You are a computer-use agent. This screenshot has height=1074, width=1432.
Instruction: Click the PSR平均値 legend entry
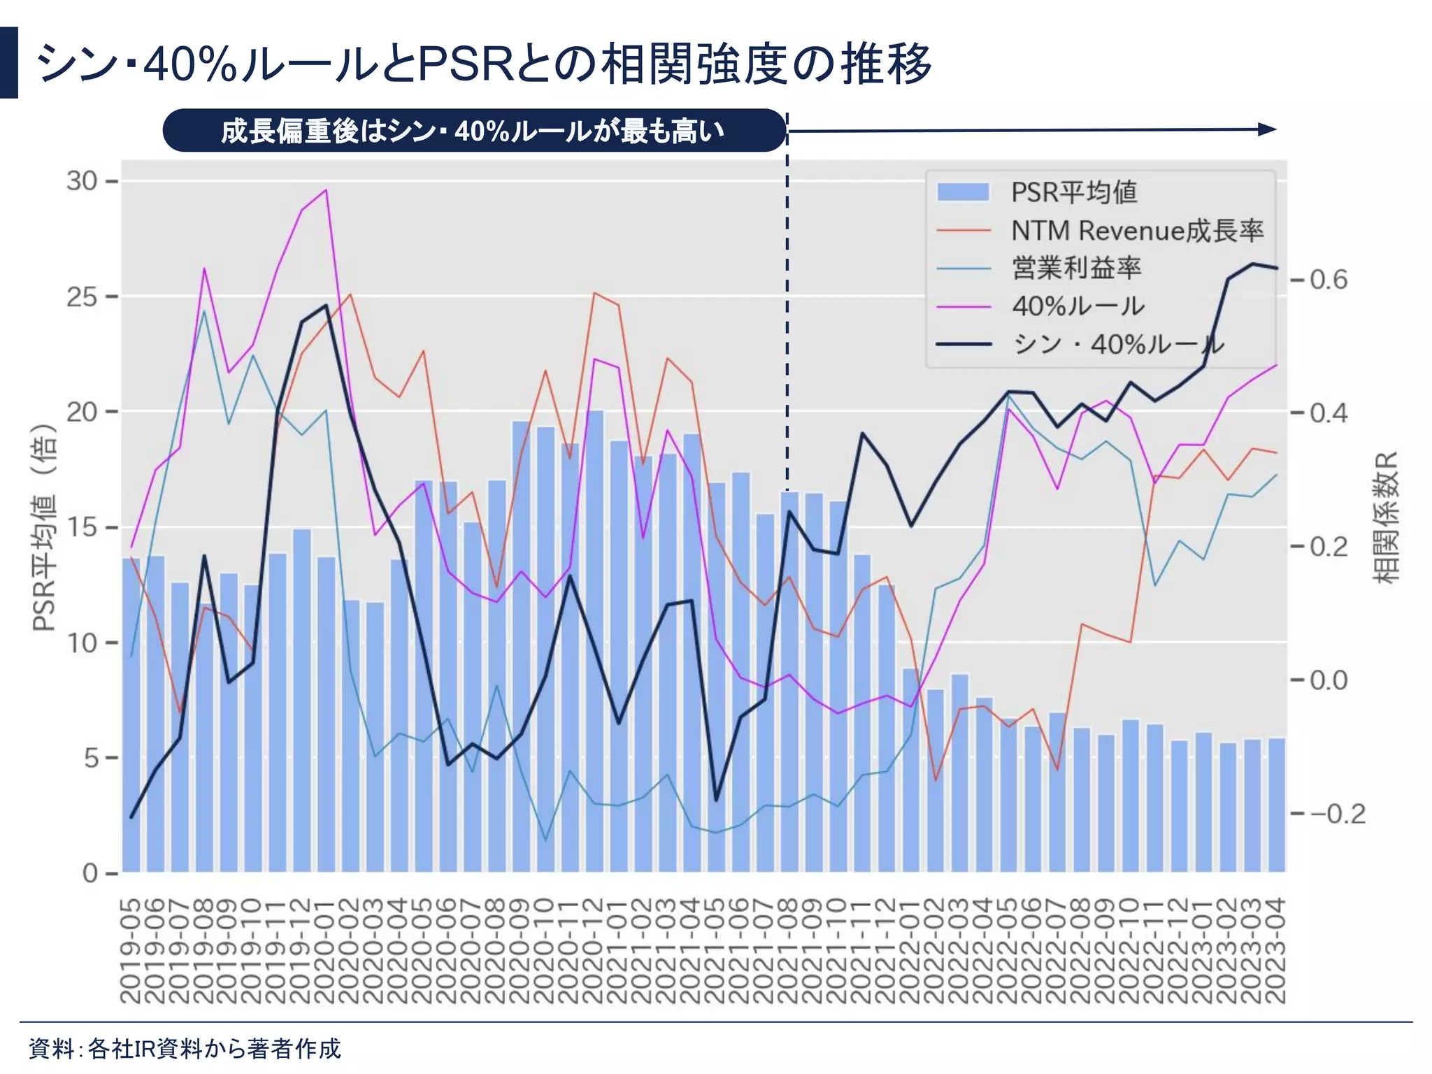pos(1073,192)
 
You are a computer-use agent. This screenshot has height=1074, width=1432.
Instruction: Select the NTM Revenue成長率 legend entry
pos(1137,231)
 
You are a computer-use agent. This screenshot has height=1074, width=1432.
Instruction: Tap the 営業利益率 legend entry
pos(1076,268)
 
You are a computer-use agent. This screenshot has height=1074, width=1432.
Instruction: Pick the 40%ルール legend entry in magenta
pos(1077,306)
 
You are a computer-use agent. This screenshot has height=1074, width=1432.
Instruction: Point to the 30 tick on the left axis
pos(82,181)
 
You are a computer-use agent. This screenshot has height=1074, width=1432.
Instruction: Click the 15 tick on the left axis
pos(82,527)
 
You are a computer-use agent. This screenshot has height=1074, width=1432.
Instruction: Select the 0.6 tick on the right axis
pos(1328,280)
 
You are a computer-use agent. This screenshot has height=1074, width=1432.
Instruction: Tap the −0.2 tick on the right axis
pos(1336,814)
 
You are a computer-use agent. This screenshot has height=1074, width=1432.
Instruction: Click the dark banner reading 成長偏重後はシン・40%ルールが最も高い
pos(474,131)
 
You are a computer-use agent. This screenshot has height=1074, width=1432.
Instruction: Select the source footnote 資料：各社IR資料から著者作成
pos(185,1049)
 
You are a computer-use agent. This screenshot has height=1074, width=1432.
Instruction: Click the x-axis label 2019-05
pos(131,951)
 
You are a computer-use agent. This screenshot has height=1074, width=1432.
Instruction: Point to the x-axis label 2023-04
pos(1277,951)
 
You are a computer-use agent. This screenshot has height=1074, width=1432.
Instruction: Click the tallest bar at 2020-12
pos(594,629)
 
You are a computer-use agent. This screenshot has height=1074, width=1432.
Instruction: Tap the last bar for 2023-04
pos(1277,804)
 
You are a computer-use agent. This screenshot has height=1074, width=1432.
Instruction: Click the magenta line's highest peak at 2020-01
pos(326,190)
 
